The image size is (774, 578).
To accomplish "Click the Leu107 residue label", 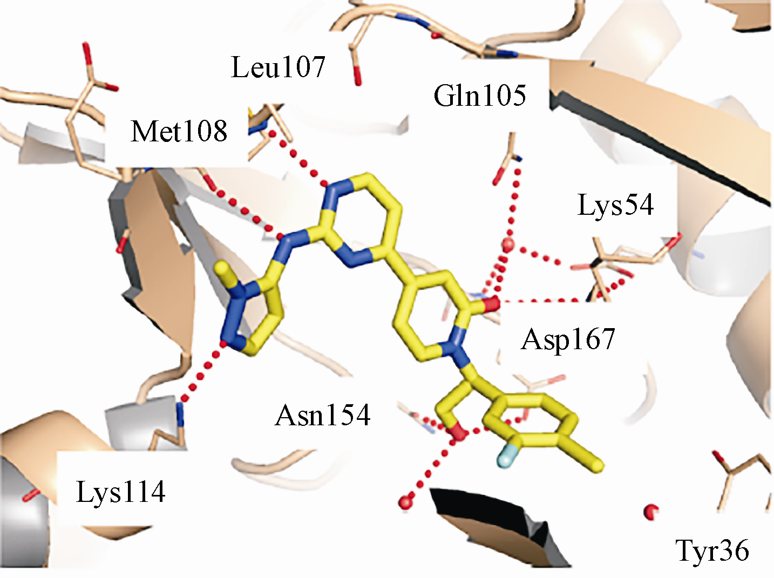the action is pos(278,67).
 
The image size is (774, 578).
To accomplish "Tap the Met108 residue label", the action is pos(179,131).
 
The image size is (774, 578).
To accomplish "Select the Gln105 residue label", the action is pos(480,96).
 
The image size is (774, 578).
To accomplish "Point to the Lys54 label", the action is pos(616,205).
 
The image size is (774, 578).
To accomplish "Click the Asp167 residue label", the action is pos(568,339).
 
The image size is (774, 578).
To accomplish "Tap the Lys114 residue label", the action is pos(120,492).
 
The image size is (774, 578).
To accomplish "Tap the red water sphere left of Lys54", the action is pos(508,244).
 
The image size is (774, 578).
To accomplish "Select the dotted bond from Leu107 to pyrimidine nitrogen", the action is pos(300,159).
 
